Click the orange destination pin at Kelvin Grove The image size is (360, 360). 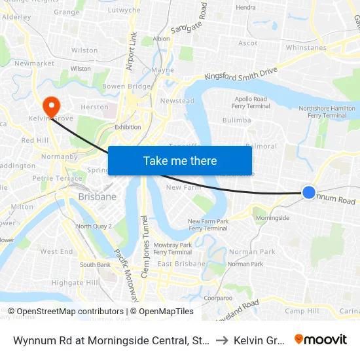pos(50,105)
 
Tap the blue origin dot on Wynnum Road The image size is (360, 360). pos(309,192)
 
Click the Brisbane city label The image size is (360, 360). pos(97,196)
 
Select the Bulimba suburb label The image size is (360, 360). pos(236,120)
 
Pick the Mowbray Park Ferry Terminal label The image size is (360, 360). pos(173,248)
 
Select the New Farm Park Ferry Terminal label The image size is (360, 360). pos(207,225)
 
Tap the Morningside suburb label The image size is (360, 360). pos(272,217)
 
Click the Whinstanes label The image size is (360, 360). pos(306,48)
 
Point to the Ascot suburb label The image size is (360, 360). pos(248,43)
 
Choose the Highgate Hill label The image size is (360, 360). pos(75,282)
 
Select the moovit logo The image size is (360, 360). pos(321,339)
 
